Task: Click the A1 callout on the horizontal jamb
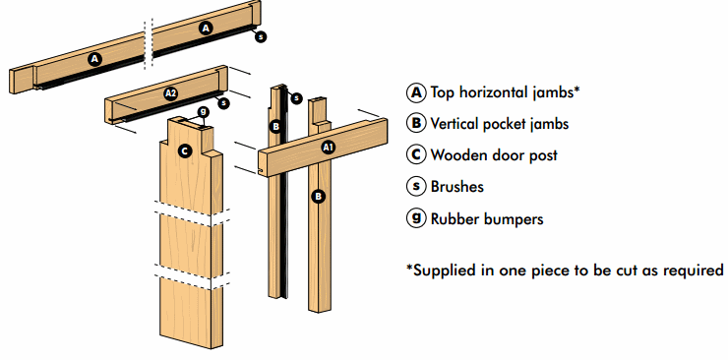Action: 329,148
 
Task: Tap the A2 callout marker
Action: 171,93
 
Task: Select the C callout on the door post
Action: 185,150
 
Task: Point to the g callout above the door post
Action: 203,112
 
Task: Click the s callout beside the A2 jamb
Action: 223,102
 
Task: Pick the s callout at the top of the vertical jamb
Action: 296,98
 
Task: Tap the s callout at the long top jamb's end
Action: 261,36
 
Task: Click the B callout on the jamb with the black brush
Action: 275,126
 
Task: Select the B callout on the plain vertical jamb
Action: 319,197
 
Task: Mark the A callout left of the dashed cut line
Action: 95,59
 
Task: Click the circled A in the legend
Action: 416,92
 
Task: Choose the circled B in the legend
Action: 416,123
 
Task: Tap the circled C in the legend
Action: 416,154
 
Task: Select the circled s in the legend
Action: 416,186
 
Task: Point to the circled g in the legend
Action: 416,217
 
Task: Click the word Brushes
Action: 457,187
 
